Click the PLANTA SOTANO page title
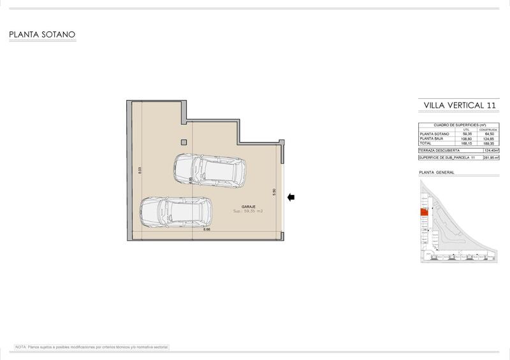pos(43,36)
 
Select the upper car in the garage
pos(210,168)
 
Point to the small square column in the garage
pos(184,142)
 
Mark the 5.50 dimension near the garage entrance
pos(273,191)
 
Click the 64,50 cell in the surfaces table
pos(487,134)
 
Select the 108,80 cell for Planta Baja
pos(466,138)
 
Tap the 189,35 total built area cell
pos(487,143)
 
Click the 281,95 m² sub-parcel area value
pos(490,157)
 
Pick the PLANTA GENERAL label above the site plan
pos(435,173)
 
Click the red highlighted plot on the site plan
pos(423,214)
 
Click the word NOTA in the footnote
pos(20,347)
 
